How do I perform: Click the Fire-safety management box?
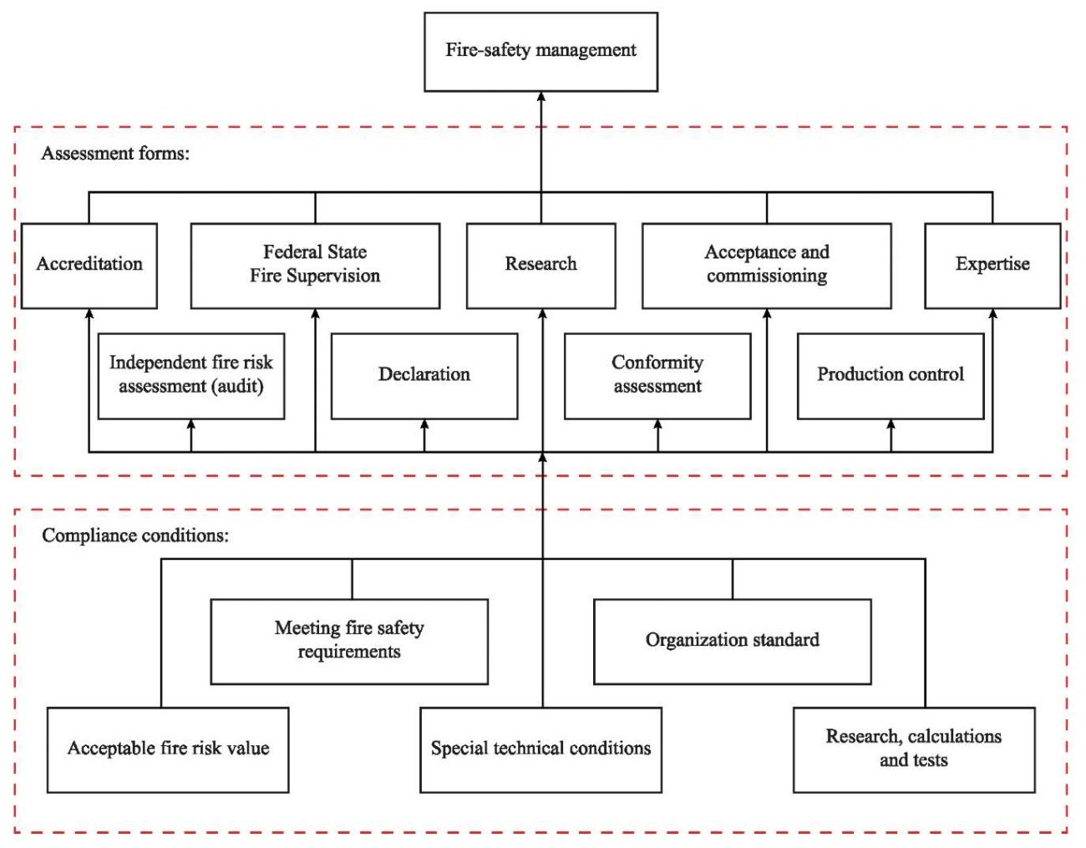pos(540,52)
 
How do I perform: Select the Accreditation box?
pos(89,266)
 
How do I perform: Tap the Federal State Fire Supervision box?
pos(315,266)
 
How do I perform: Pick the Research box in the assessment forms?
pos(540,266)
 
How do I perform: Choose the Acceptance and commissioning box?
pos(767,266)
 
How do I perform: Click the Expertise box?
pos(992,266)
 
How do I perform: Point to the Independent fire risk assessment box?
pos(191,376)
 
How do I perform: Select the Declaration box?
pos(424,376)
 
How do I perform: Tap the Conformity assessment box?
pos(657,376)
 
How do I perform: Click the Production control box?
pos(891,376)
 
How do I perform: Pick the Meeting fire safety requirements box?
pos(349,642)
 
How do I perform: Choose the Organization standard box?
pos(732,642)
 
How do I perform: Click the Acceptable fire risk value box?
pos(168,750)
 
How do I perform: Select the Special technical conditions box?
pos(540,750)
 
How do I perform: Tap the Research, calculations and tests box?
pos(914,750)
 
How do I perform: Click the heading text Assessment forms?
pos(115,153)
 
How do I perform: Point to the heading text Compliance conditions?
pos(135,536)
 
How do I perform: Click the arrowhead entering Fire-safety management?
pos(540,97)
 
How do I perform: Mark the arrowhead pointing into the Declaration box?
pos(424,424)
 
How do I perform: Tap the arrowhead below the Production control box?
pos(891,424)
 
